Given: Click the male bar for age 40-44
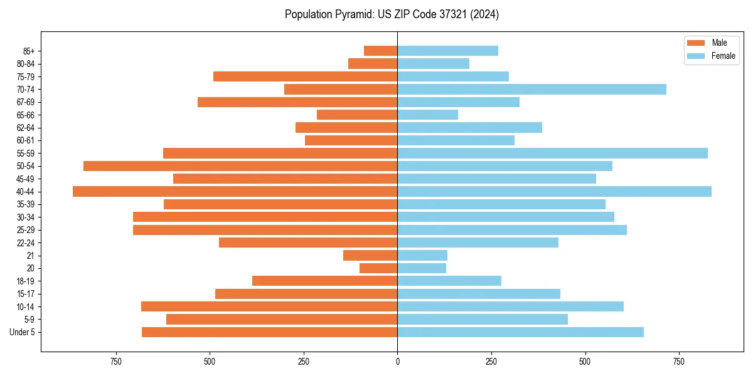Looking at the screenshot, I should point(235,192).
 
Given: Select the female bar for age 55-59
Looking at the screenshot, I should point(552,154).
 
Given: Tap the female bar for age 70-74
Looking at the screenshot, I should point(531,90).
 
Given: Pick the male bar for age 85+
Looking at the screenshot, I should point(381,51).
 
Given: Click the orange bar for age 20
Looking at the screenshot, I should point(378,268).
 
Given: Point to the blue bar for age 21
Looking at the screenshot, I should point(422,256).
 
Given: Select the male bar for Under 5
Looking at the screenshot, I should point(270,332).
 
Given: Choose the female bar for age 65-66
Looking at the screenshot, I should point(427,115).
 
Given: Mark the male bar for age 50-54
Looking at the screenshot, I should point(240,166).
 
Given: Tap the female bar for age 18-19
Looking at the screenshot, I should point(449,281).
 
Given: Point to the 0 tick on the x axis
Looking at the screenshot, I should point(397,362).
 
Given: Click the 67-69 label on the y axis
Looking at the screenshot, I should point(26,102).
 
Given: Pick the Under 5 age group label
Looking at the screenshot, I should point(22,332).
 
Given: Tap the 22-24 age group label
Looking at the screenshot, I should point(26,243).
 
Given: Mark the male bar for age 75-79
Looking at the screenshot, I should point(306,76).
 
